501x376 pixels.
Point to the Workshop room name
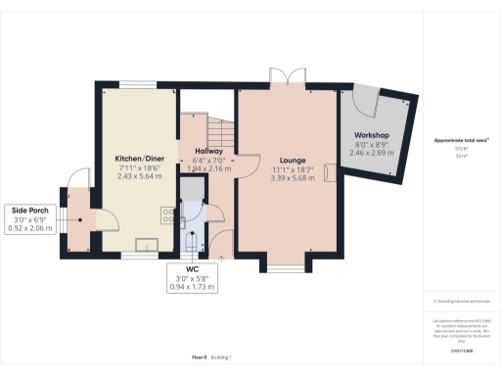[372, 134]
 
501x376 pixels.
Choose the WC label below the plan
[192, 267]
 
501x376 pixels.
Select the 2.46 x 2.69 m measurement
[372, 153]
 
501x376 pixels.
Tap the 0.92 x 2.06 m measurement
[28, 227]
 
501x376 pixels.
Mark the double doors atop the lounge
[279, 78]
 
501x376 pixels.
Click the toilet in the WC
[190, 240]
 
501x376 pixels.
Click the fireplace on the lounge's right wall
[329, 173]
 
